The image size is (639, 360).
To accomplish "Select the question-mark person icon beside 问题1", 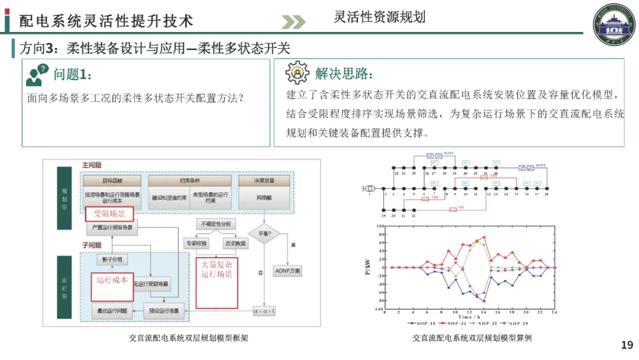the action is [x=37, y=75].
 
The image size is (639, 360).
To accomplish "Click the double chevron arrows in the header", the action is [x=293, y=22].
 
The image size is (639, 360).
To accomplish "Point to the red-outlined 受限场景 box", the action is [x=109, y=213].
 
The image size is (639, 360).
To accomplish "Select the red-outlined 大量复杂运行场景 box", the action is [x=217, y=282].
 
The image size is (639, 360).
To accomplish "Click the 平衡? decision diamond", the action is [x=263, y=233].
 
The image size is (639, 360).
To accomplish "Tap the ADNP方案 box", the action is [x=288, y=271].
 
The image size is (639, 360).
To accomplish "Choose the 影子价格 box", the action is [x=112, y=259].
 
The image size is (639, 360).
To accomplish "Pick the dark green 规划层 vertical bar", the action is [x=64, y=198].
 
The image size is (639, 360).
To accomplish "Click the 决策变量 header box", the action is [x=264, y=180].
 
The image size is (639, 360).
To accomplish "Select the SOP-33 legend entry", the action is [x=457, y=323].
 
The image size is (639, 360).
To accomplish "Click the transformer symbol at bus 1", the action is [x=369, y=188].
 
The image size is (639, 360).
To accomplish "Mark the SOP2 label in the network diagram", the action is [x=540, y=165].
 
